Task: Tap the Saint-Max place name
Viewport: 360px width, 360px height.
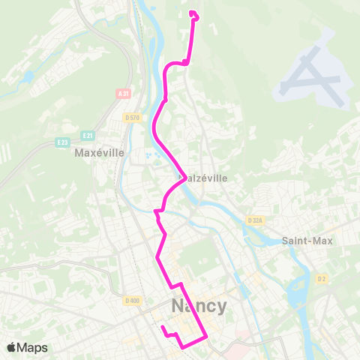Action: (306, 241)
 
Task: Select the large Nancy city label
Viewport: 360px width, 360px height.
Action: (198, 307)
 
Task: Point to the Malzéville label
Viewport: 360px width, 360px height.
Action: (205, 178)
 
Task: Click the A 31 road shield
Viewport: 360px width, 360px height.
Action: (124, 94)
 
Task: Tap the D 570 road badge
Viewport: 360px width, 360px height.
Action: (132, 118)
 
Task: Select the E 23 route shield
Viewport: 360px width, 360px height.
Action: (62, 142)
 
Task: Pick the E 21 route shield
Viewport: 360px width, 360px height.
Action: (88, 135)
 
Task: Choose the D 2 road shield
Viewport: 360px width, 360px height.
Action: (322, 279)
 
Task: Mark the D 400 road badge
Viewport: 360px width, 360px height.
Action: (132, 301)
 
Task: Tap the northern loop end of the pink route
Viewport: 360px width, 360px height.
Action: (193, 13)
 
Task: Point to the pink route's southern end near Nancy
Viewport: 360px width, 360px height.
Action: (162, 327)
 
